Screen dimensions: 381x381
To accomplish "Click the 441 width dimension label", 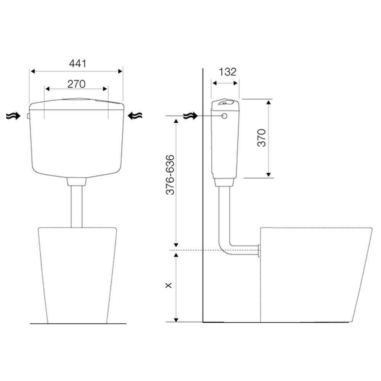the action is (77, 64).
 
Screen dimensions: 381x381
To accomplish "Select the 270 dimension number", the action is (77, 84).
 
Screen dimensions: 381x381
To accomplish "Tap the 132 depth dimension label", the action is (227, 72).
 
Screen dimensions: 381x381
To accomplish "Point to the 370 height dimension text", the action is (262, 138).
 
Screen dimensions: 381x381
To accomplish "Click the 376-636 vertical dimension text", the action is (170, 175).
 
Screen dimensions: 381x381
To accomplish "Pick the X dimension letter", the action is (168, 285).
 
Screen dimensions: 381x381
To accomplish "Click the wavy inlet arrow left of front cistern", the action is (13, 116).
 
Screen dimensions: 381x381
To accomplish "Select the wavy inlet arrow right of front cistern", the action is (135, 116).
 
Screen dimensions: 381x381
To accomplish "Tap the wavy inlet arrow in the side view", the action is (191, 116).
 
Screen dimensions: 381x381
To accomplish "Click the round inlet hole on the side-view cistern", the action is (224, 116).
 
